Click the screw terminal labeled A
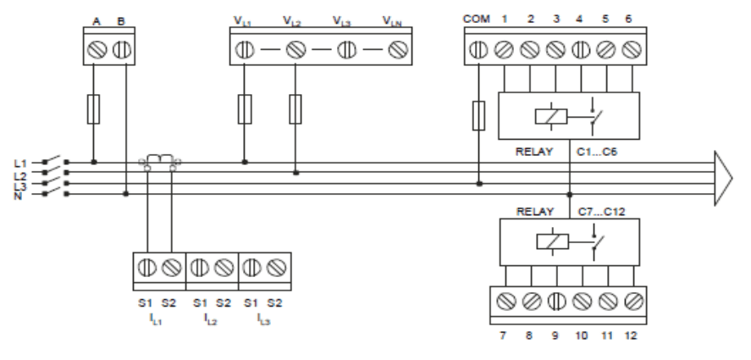[97, 49]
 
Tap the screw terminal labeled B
[122, 49]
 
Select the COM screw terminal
[478, 49]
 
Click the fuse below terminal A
[93, 109]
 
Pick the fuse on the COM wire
[478, 115]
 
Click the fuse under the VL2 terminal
[295, 109]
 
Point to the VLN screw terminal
[398, 49]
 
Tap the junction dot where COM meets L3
[479, 184]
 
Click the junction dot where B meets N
[126, 194]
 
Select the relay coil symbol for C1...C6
[551, 117]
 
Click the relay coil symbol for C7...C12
[553, 241]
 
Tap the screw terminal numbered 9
[556, 301]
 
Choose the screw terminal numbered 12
[633, 301]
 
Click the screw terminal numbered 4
[581, 49]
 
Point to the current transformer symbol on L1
[160, 162]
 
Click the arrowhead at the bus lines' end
[723, 179]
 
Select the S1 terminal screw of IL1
[147, 267]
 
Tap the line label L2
[20, 175]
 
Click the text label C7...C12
[602, 212]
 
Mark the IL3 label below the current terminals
[263, 318]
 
